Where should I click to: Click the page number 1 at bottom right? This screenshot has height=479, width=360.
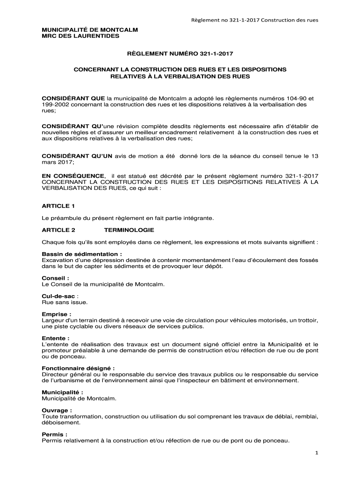[317, 453]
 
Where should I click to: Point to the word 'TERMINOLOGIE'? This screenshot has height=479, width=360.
[129, 230]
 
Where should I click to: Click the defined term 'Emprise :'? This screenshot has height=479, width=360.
[57, 314]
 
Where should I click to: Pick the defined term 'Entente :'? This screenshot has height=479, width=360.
[56, 338]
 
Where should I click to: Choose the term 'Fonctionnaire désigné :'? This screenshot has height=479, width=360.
[78, 368]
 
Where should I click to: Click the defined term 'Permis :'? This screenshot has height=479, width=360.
[54, 434]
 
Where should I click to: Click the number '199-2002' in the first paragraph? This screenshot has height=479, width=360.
[55, 105]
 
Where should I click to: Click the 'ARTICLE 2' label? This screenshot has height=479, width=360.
[58, 230]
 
